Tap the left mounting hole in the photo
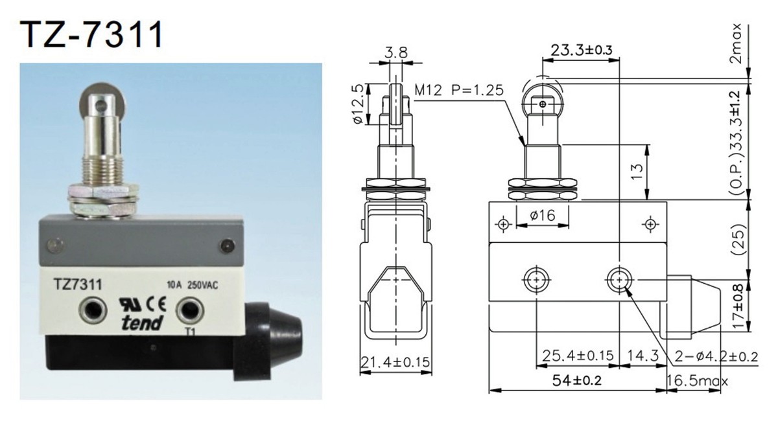coord(91,310)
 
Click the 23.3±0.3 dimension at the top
coord(582,50)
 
